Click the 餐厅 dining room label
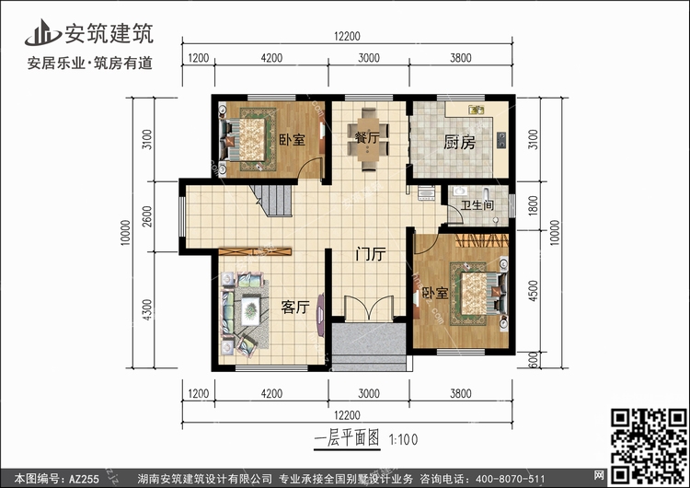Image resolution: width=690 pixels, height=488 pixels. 367,137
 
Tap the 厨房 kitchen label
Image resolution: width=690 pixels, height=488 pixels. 459,143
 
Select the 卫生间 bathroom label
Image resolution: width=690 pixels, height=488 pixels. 477,205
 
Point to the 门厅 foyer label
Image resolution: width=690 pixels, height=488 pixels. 371,254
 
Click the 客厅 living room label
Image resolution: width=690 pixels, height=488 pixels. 295,307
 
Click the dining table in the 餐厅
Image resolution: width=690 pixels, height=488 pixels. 368,138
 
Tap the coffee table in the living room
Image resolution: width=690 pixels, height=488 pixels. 251,311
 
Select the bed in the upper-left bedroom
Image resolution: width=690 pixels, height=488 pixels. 247,140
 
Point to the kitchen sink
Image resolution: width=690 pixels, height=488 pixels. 477,109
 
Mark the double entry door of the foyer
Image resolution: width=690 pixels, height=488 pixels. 369,308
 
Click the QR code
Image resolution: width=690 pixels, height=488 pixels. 649,445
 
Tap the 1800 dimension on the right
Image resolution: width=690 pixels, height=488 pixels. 533,205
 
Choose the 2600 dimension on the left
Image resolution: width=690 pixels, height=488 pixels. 147,216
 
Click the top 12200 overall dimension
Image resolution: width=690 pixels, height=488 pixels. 347,36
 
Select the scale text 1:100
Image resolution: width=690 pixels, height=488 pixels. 403,439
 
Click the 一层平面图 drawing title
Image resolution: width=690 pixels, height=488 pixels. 347,438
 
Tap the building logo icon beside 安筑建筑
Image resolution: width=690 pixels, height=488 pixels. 42,32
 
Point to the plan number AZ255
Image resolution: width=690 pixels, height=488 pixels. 84,479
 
